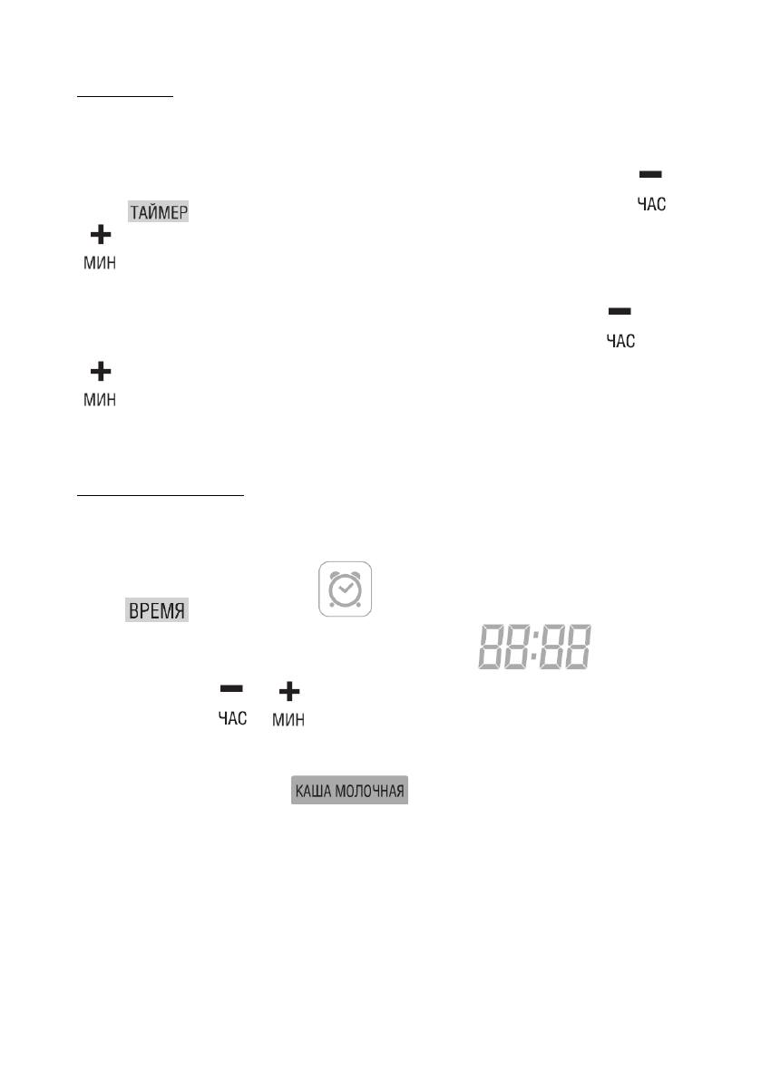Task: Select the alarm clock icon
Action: coord(345,589)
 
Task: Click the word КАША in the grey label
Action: coord(313,791)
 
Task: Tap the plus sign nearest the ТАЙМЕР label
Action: coord(100,236)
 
